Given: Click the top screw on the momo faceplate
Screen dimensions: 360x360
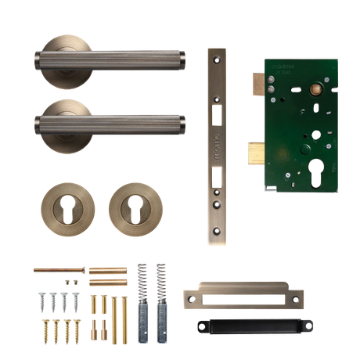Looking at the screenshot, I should [217, 58].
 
